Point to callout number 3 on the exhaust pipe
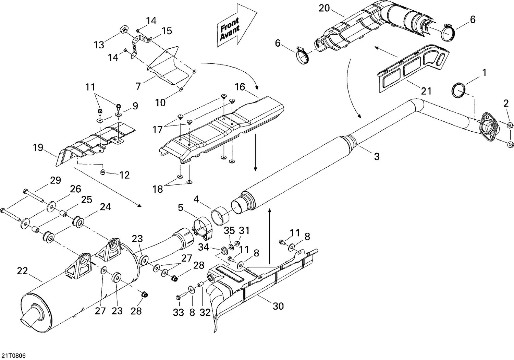pyautogui.click(x=377, y=157)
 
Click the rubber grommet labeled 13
pyautogui.click(x=123, y=30)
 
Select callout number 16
pyautogui.click(x=240, y=87)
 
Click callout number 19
pyautogui.click(x=38, y=148)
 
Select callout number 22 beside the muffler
pyautogui.click(x=22, y=271)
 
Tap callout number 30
pyautogui.click(x=278, y=305)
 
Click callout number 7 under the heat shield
pyautogui.click(x=138, y=86)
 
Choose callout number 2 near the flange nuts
pyautogui.click(x=506, y=103)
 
